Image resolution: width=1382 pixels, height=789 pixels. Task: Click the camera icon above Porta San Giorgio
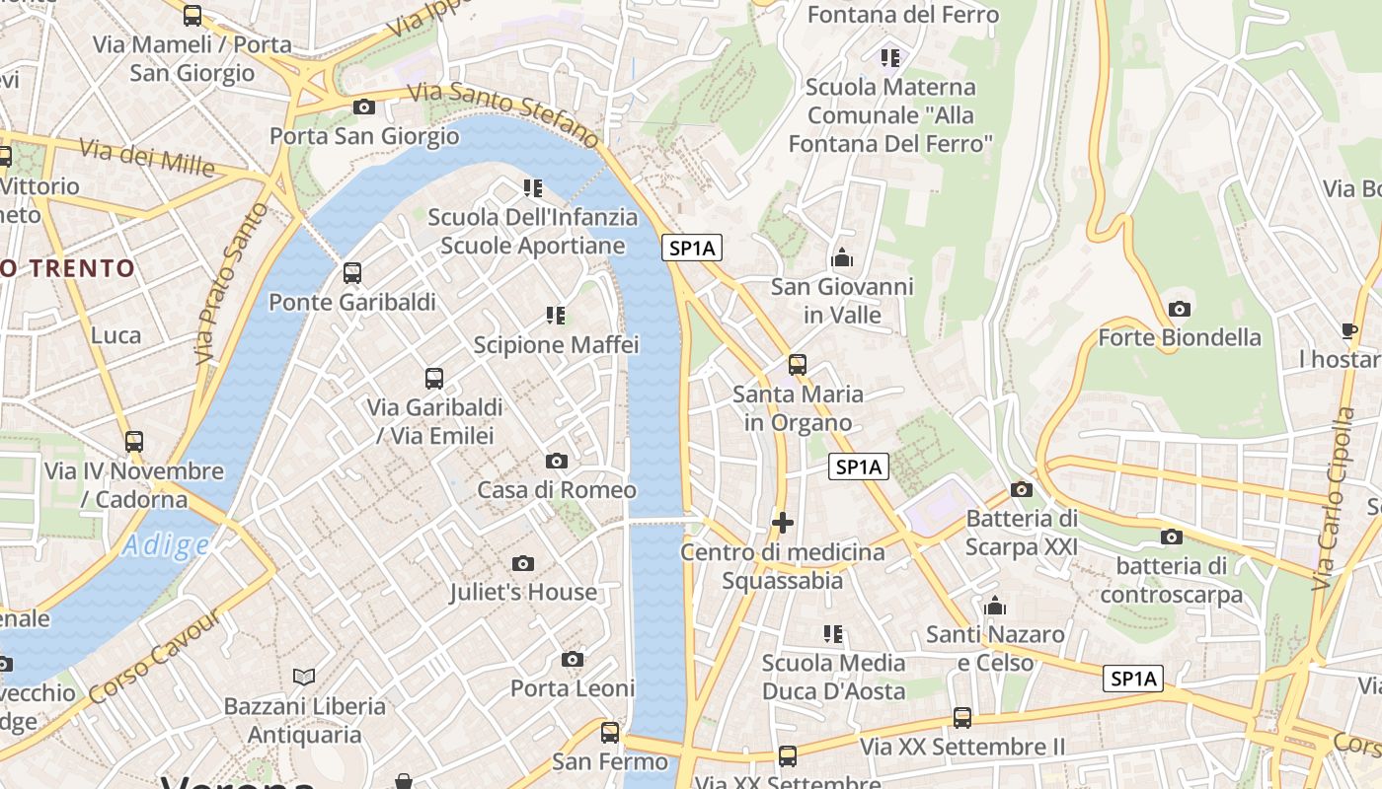363,107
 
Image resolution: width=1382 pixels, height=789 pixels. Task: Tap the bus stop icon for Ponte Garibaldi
351,273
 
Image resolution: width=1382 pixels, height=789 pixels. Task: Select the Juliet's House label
523,592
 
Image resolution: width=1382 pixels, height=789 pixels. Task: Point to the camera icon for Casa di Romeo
557,461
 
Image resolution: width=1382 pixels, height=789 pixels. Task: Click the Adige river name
166,545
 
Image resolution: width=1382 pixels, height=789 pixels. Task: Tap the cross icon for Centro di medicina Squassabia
783,523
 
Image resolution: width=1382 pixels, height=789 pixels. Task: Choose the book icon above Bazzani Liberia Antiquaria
304,677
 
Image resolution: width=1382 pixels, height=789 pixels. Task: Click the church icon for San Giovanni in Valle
842,258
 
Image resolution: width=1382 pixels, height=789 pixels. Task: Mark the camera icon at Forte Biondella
1179,309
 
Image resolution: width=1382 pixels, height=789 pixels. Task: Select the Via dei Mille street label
145,157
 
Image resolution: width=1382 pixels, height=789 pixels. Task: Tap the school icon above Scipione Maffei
556,316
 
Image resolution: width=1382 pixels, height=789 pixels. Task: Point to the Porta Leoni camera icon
573,659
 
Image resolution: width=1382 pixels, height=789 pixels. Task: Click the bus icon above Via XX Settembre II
961,718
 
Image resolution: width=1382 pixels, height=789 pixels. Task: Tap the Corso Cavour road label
155,657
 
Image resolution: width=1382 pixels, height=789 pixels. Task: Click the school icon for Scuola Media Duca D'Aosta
833,633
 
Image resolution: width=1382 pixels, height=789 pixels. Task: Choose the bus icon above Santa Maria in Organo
797,365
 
